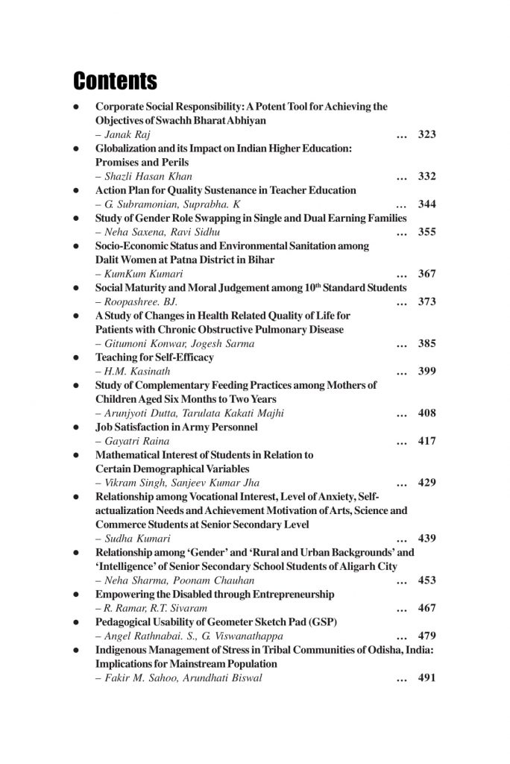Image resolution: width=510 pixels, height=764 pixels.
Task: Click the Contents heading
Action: [115, 80]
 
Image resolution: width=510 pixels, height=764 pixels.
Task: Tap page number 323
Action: [426, 134]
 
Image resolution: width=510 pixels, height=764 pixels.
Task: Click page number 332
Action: [426, 176]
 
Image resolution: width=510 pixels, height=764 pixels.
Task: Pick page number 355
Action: [426, 232]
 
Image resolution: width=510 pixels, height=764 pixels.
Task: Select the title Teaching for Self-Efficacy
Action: [154, 357]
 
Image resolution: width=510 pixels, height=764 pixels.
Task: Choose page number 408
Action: [426, 413]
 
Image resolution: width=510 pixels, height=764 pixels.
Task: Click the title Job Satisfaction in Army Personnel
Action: [177, 427]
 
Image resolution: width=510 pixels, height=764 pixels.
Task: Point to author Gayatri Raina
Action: [127, 441]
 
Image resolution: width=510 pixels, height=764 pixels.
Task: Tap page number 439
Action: [426, 538]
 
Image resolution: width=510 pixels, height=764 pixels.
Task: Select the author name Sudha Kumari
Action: [131, 538]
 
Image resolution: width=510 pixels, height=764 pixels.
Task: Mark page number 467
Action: [426, 607]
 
